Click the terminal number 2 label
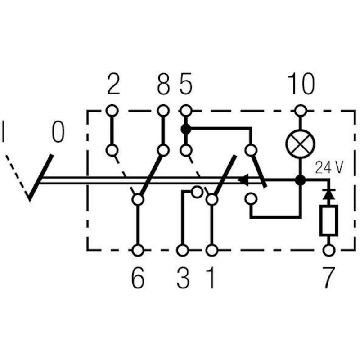(114, 84)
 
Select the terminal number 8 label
(163, 84)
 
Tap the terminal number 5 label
(186, 84)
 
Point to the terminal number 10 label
(301, 84)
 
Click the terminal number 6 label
(138, 278)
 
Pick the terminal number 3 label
(183, 278)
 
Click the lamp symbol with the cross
(300, 144)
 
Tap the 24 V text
(329, 167)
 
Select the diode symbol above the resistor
(329, 194)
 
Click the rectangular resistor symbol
(329, 220)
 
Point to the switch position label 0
(58, 132)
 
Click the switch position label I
(3, 132)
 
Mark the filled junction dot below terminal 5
(186, 129)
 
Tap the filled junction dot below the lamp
(300, 180)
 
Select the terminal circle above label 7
(329, 250)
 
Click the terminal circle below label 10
(300, 111)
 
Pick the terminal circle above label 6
(138, 250)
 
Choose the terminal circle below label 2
(112, 110)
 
